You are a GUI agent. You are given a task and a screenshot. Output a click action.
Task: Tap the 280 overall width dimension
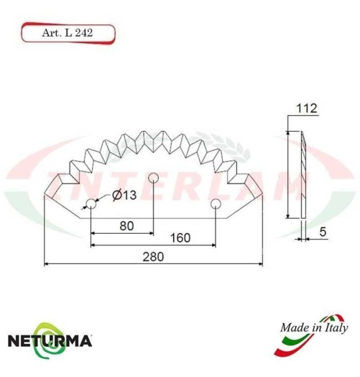click(x=153, y=256)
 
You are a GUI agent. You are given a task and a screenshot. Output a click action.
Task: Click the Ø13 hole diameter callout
click(x=124, y=196)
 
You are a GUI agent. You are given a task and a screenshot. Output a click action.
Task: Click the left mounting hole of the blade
click(x=91, y=204)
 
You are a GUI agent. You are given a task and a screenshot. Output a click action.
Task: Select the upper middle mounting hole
click(x=152, y=178)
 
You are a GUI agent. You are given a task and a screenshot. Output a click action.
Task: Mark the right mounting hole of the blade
click(x=214, y=204)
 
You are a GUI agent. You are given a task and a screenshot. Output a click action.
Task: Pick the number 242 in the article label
click(x=82, y=32)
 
